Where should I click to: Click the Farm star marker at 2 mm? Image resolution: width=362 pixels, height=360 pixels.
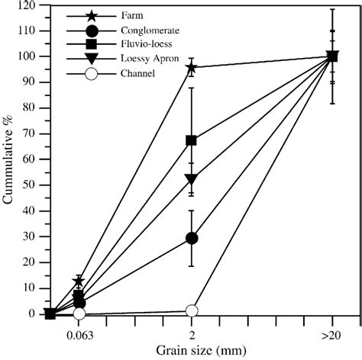point(192,67)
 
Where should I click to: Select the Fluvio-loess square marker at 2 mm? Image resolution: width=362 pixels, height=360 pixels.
point(192,140)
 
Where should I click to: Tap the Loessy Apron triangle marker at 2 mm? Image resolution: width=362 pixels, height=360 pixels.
point(192,179)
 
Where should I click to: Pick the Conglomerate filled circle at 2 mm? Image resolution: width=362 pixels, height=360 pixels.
point(192,238)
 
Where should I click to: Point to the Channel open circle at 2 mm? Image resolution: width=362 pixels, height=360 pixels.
point(192,310)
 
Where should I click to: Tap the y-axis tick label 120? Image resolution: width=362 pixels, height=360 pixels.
point(27,5)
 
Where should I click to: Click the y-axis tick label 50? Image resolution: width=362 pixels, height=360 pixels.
point(29,185)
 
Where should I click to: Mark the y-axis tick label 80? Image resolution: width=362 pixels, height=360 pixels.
point(29,108)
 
